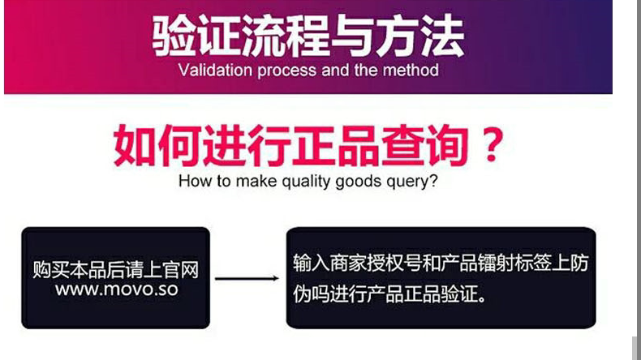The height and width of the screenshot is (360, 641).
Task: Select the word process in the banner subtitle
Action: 287,71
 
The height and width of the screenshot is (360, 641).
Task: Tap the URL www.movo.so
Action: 116,289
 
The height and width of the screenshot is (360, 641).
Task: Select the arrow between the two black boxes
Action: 247,278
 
